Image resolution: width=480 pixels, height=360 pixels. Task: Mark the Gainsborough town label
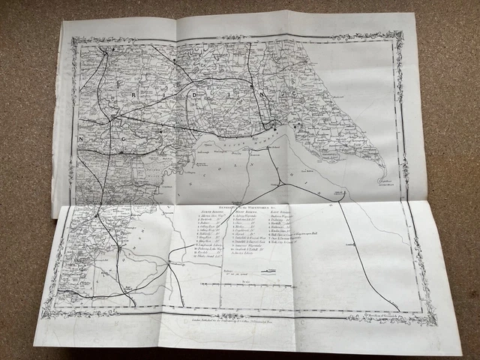(x=177, y=263)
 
